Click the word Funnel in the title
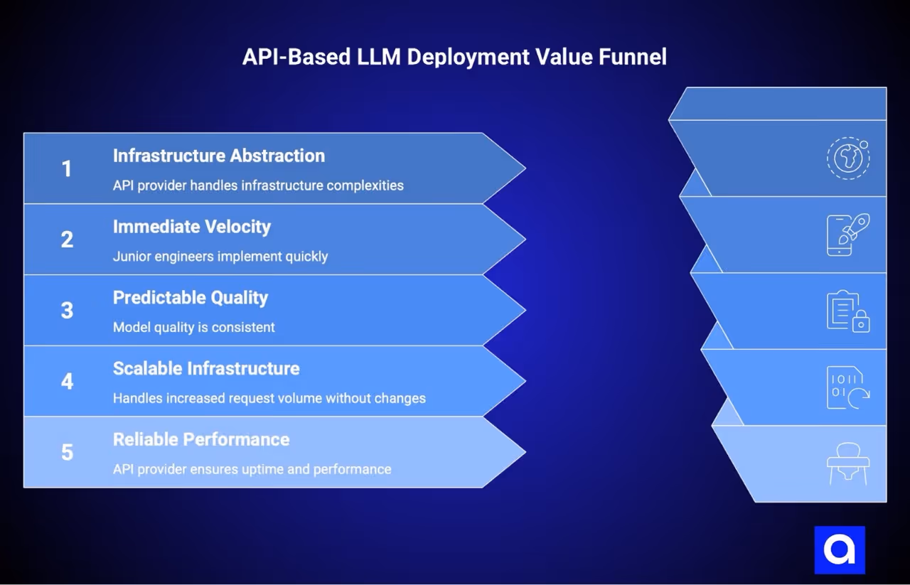point(632,57)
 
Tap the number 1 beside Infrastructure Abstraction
point(67,169)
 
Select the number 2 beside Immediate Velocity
point(67,240)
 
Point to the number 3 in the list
point(67,311)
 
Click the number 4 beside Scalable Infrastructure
point(67,382)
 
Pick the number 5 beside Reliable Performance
point(67,452)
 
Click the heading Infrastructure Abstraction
point(218,156)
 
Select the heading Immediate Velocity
point(191,227)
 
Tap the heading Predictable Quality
point(190,298)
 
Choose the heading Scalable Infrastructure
point(206,369)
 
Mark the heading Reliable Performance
point(200,439)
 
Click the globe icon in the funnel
point(847,158)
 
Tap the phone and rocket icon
point(847,234)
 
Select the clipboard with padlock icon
point(847,311)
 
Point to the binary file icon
point(847,387)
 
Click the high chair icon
point(847,463)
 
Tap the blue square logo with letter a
point(840,549)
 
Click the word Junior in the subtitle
point(132,256)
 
